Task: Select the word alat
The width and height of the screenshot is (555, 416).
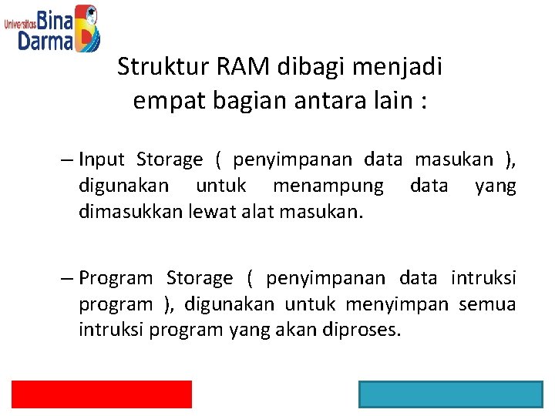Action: click(x=255, y=211)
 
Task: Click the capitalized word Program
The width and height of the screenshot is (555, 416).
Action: click(x=116, y=277)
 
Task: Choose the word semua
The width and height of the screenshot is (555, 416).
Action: click(x=487, y=304)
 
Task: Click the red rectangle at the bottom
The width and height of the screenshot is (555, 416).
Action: click(x=101, y=394)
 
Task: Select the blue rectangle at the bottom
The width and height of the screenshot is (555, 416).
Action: click(x=451, y=394)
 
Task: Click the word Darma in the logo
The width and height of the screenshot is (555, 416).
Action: click(x=45, y=40)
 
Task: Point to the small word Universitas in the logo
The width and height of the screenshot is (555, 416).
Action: click(x=20, y=24)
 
